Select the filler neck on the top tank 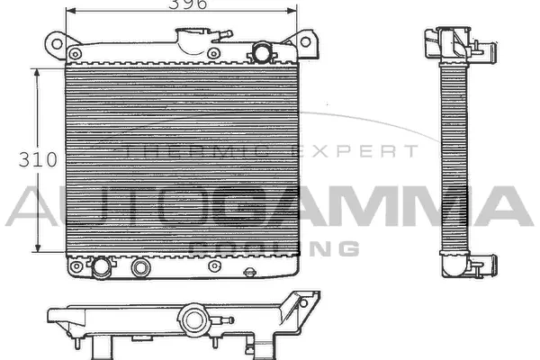(193, 41)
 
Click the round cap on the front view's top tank (262, 50)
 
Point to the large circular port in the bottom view (191, 319)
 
